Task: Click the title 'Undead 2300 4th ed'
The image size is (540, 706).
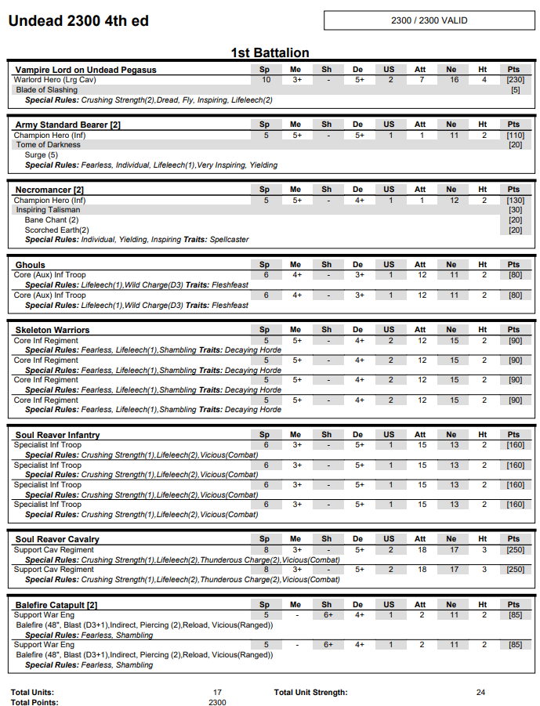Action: click(x=78, y=21)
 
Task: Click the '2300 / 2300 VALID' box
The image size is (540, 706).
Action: click(x=429, y=20)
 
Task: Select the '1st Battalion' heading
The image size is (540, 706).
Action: click(x=270, y=53)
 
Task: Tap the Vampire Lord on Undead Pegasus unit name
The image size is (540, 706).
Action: click(x=85, y=70)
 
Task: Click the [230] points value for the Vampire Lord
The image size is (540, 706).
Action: click(x=515, y=80)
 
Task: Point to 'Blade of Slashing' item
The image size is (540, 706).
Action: click(x=47, y=90)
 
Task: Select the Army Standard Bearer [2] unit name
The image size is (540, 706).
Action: click(x=68, y=125)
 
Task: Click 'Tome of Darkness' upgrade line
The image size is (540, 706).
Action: click(x=49, y=145)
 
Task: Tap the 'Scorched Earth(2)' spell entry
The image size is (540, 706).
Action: click(x=57, y=230)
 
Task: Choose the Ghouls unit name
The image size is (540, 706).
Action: click(x=31, y=265)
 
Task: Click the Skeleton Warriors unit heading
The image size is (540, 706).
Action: click(x=53, y=330)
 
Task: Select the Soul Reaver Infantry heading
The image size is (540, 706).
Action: click(x=58, y=435)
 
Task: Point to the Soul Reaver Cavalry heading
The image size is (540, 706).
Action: click(x=57, y=539)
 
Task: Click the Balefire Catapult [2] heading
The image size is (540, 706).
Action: click(x=56, y=605)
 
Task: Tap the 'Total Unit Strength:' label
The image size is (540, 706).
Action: click(x=311, y=693)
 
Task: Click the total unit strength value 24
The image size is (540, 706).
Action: click(x=480, y=693)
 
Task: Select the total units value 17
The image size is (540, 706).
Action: click(x=217, y=693)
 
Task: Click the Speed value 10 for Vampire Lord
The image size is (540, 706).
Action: click(x=266, y=80)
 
